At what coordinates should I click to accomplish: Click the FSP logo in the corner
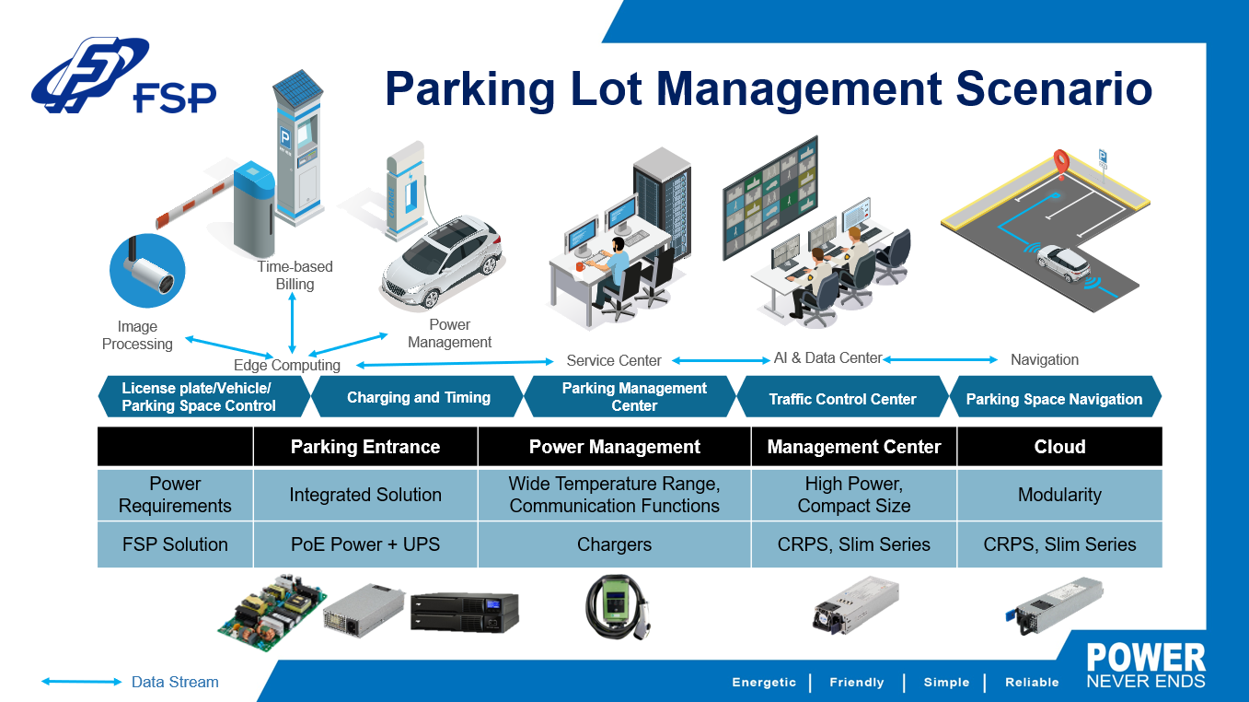[x=123, y=76]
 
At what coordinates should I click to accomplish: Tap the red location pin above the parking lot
[x=1060, y=163]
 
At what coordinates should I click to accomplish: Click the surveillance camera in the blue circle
[x=147, y=271]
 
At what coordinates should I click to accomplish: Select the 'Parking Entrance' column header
[x=365, y=447]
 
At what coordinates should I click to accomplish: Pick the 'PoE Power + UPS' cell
[x=365, y=544]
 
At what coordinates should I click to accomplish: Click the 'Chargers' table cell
[x=615, y=544]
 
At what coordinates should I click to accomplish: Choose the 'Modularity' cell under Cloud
[x=1059, y=495]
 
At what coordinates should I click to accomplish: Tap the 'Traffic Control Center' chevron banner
[x=842, y=397]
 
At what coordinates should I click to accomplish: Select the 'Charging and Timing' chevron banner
[x=418, y=397]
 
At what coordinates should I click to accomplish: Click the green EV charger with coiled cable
[x=618, y=606]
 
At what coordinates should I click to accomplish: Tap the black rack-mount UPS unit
[x=465, y=612]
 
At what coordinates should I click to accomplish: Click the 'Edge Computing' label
[x=286, y=365]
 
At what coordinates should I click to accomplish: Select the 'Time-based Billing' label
[x=295, y=275]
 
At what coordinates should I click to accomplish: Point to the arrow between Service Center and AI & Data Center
[x=721, y=360]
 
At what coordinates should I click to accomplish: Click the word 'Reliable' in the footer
[x=1032, y=682]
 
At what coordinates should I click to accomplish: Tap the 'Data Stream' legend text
[x=175, y=682]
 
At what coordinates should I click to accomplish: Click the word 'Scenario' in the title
[x=1053, y=88]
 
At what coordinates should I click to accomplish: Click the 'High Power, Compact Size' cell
[x=853, y=495]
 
